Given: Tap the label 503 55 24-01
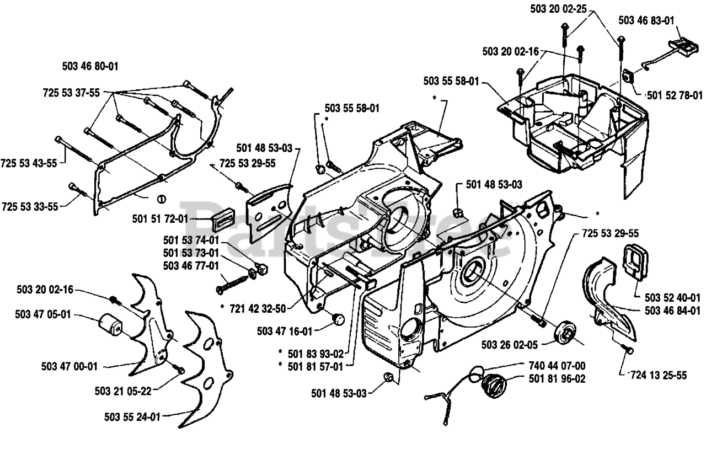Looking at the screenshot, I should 132,417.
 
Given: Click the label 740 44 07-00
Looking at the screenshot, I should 557,365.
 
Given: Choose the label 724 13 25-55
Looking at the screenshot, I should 659,376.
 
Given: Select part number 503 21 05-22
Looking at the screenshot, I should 122,391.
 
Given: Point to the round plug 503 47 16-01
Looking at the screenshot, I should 338,318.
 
